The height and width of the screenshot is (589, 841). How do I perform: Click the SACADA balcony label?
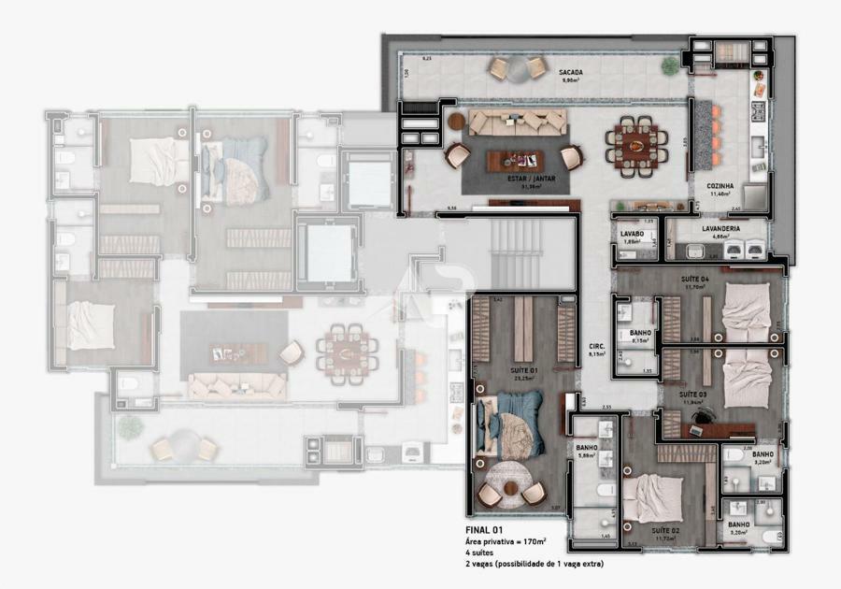[571, 73]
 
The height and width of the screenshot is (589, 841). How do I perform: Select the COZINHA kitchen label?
[720, 187]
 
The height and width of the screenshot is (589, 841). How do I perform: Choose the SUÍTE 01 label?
[522, 370]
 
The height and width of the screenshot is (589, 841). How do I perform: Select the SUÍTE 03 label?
[693, 395]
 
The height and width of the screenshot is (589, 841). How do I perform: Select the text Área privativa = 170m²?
[506, 541]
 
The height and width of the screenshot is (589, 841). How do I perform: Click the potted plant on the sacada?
[670, 65]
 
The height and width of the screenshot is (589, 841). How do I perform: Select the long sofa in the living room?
[517, 122]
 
